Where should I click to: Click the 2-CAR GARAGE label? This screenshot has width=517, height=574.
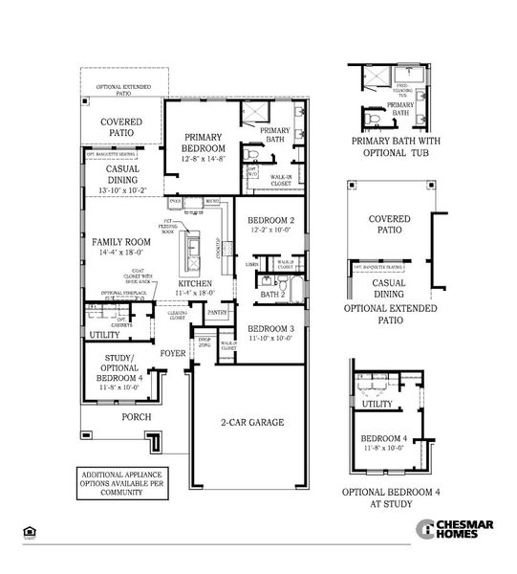[x=252, y=421]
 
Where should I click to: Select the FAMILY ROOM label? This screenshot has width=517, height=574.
[x=121, y=243]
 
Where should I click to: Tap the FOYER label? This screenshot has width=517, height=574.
[x=173, y=353]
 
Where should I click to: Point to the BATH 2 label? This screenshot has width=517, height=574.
[x=274, y=295]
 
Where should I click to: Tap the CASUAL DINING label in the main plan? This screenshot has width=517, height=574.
[x=122, y=173]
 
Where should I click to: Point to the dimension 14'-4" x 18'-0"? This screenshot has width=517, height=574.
[x=121, y=254]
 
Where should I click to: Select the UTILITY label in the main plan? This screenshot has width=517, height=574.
[x=104, y=335]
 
